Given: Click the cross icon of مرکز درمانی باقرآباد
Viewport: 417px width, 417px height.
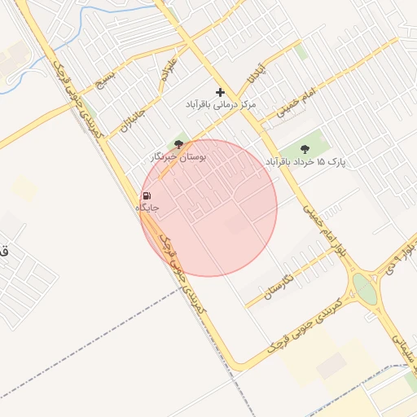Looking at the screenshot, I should click(x=220, y=93).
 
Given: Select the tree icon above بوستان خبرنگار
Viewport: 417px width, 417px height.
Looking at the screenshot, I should click(x=179, y=144).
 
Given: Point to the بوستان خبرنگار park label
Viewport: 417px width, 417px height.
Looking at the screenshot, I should click(x=179, y=156).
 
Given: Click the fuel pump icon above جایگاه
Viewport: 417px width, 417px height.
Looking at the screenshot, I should click(x=147, y=196).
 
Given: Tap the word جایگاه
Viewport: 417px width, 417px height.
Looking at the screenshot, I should click(x=147, y=208).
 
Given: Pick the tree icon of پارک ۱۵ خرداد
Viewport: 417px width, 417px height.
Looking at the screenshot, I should click(x=305, y=149).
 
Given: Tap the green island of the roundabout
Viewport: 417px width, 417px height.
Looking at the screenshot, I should click(x=365, y=289).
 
